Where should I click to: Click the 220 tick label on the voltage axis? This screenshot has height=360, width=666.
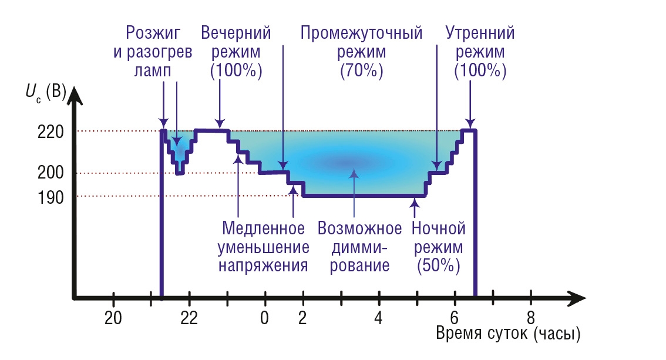pyautogui.click(x=51, y=132)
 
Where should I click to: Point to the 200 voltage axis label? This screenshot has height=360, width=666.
pyautogui.click(x=51, y=172)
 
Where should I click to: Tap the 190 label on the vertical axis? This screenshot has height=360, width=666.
pyautogui.click(x=51, y=197)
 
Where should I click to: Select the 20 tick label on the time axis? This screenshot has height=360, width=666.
pyautogui.click(x=113, y=318)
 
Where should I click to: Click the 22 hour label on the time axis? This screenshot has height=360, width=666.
pyautogui.click(x=189, y=318)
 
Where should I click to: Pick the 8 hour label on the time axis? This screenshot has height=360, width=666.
pyautogui.click(x=530, y=318)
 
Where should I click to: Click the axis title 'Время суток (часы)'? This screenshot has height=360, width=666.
pyautogui.click(x=508, y=334)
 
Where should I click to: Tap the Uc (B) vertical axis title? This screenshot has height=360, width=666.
pyautogui.click(x=46, y=92)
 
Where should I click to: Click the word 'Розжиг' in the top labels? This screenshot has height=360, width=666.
pyautogui.click(x=153, y=33)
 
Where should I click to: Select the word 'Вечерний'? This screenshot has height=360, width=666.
pyautogui.click(x=236, y=33)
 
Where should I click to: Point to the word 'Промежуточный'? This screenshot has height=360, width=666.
pyautogui.click(x=361, y=33)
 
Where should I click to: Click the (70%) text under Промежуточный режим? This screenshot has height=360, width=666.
pyautogui.click(x=361, y=70)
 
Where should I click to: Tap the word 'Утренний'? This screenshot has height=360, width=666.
pyautogui.click(x=480, y=33)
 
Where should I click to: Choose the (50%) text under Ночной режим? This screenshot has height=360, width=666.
pyautogui.click(x=438, y=266)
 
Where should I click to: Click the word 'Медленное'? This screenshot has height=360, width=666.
pyautogui.click(x=263, y=228)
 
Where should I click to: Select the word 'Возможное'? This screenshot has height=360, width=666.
pyautogui.click(x=360, y=228)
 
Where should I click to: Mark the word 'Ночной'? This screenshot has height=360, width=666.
pyautogui.click(x=438, y=228)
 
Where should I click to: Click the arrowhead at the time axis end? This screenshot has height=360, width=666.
pyautogui.click(x=578, y=298)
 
